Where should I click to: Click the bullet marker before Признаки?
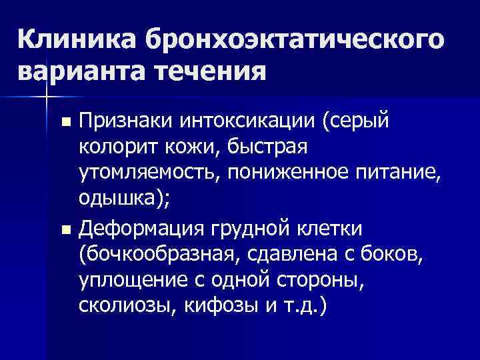click(x=65, y=121)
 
